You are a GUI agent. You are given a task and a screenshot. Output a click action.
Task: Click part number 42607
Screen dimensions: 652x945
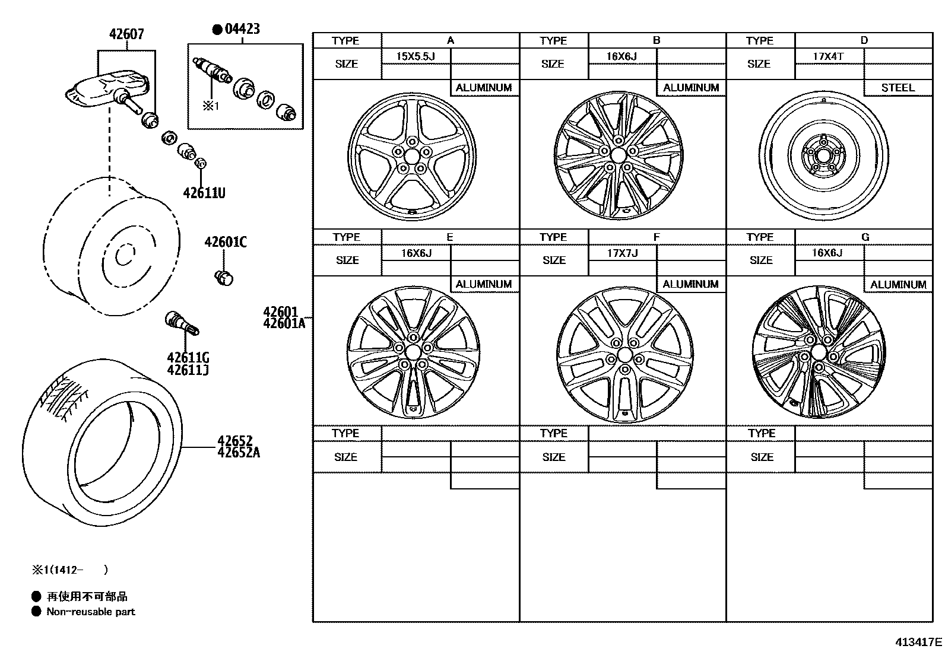coord(126,34)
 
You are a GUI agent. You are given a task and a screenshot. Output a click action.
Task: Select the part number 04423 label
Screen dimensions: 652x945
coord(242,29)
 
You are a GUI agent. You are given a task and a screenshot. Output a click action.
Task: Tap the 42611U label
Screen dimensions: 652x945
coord(204,193)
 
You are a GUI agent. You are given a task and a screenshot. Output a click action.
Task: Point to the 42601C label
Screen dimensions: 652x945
coord(226,242)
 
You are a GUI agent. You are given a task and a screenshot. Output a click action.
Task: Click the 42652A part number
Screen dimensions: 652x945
coord(238,453)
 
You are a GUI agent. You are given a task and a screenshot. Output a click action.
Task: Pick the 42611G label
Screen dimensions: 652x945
coord(188,358)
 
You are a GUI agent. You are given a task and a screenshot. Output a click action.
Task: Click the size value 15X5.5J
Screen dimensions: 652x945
coord(416,57)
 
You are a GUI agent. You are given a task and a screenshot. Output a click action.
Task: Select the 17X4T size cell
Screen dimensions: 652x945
coord(828,57)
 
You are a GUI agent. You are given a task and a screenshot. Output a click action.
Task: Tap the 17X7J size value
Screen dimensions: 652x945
coord(622,253)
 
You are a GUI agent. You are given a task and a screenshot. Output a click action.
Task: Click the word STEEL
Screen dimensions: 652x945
coord(898,88)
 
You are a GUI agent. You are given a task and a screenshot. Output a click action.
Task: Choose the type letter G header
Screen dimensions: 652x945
coord(864,237)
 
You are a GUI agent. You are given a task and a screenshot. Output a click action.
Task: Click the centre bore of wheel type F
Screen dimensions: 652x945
coord(624,355)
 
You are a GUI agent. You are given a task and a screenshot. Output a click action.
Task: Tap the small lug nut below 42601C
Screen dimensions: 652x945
coord(224,276)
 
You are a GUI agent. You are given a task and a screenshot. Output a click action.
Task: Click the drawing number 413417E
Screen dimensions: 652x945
coord(918,642)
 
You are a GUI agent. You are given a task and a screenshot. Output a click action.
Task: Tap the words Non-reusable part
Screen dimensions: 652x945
coord(91,612)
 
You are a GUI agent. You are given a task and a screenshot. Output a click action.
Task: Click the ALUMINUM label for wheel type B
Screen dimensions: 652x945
coord(691,88)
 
